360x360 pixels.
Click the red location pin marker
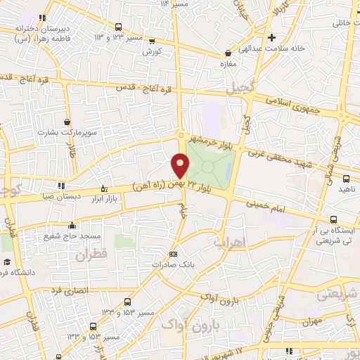181,165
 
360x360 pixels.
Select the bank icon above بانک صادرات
174,254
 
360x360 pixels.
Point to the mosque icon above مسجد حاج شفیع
72,226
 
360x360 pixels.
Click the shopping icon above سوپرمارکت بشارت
67,122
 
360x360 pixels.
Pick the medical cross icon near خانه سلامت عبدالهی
290,37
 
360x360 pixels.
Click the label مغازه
226,64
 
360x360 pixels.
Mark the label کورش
152,53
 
